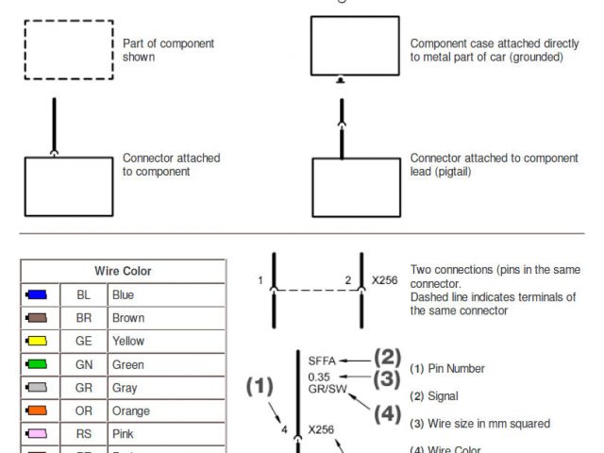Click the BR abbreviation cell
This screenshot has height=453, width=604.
[84, 318]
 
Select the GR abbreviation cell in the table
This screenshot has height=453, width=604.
[84, 388]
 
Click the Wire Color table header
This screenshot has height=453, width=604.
[123, 271]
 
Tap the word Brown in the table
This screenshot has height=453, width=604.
[128, 318]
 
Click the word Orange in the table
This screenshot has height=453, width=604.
[131, 411]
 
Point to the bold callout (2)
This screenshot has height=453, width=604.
[387, 358]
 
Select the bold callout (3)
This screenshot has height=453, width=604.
[387, 379]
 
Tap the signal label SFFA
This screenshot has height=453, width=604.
[323, 361]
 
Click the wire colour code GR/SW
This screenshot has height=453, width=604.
[327, 389]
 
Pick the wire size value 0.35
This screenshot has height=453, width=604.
[319, 376]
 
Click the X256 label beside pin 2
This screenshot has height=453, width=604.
[385, 280]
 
